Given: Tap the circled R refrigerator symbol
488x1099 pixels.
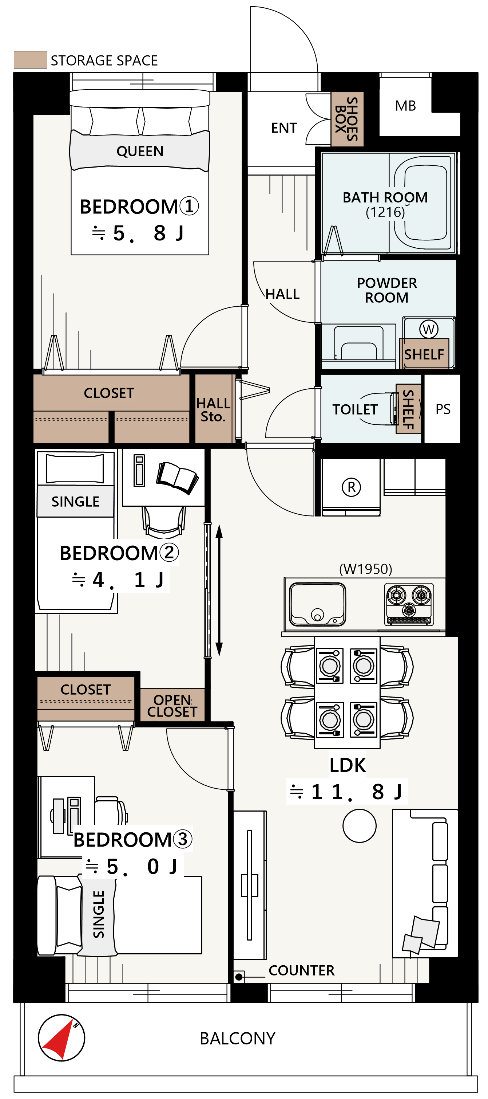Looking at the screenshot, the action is [351, 487].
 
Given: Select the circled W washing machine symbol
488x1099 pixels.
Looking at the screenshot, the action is [428, 329].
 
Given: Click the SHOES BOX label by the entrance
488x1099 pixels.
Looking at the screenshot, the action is [346, 119].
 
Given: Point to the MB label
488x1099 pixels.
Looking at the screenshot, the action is [405, 106].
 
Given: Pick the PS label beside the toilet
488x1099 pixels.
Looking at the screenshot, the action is [443, 409].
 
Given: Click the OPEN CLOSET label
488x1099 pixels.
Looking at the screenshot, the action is [172, 706].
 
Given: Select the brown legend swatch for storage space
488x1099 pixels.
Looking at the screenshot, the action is [30, 60].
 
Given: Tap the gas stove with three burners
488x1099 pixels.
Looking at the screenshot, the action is [409, 605].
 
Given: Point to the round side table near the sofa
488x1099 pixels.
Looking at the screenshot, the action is [359, 825].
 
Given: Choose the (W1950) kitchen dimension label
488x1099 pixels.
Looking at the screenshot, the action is [365, 569].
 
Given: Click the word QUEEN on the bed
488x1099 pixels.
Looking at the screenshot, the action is [140, 151].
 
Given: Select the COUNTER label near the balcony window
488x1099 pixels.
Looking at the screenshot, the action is [301, 970].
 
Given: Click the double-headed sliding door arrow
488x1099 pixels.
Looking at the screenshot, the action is [219, 590].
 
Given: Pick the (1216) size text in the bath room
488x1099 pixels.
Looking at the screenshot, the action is [385, 212].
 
